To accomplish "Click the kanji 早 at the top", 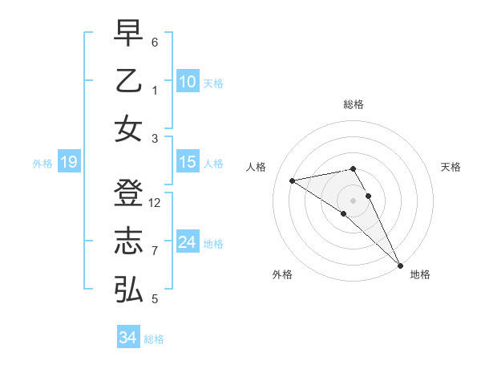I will click(x=128, y=34).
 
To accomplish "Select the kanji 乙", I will click(x=128, y=81).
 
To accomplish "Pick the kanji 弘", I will click(x=128, y=290).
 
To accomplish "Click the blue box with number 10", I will click(x=188, y=82).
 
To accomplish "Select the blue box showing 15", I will click(x=188, y=162).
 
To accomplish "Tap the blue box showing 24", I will click(x=188, y=242).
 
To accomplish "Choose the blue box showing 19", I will click(x=68, y=163).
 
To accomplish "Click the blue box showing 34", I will click(x=127, y=338).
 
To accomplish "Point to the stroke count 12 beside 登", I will click(x=155, y=203).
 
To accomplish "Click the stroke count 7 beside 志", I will click(x=155, y=251).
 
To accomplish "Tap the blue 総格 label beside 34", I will click(x=154, y=338).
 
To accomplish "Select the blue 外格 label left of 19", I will click(x=42, y=164).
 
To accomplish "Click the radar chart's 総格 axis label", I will click(x=353, y=104).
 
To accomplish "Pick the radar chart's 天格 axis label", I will click(x=451, y=167).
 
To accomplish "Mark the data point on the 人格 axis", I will click(x=293, y=180).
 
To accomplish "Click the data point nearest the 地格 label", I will click(x=400, y=265).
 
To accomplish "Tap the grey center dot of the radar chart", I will click(x=353, y=200).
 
